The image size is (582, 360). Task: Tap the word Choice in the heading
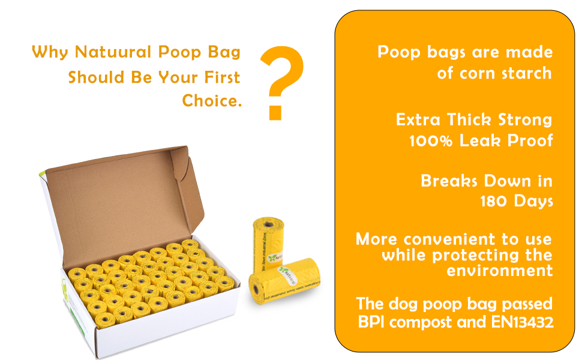click(x=211, y=101)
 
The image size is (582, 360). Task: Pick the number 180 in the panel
click(x=494, y=201)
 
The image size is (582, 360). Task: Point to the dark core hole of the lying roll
click(x=257, y=290)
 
